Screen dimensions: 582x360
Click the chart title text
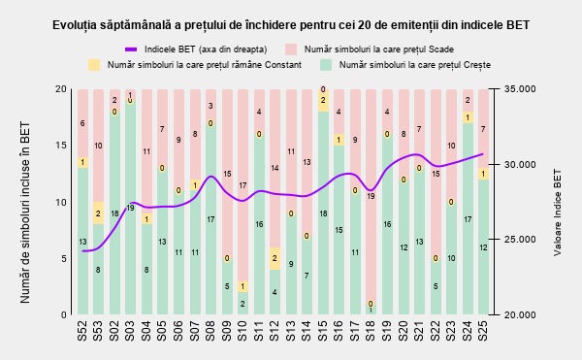[x=291, y=25]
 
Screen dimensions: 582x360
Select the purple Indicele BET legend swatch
[x=131, y=49]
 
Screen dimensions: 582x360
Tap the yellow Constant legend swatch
[x=94, y=65]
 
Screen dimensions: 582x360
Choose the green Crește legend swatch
[x=326, y=65]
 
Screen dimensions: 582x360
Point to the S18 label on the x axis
[x=371, y=331]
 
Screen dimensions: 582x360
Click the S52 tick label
[x=82, y=331]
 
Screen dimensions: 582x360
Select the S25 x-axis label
[x=482, y=331]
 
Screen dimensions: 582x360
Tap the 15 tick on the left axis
[x=61, y=146]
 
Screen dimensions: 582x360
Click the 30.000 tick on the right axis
[x=520, y=164]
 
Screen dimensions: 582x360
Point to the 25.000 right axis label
[x=520, y=240]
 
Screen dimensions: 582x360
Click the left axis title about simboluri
[x=25, y=213]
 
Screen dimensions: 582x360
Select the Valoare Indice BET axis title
[x=557, y=213]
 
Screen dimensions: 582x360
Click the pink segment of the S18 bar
[x=371, y=196]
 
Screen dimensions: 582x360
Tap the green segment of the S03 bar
[x=130, y=208]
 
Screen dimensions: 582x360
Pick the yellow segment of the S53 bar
[x=98, y=213]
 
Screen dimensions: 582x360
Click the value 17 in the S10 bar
[x=242, y=185]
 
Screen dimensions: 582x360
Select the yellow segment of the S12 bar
[x=275, y=258]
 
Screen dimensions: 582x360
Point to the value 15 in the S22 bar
[x=436, y=174]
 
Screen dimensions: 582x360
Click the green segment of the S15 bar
[x=323, y=213]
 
